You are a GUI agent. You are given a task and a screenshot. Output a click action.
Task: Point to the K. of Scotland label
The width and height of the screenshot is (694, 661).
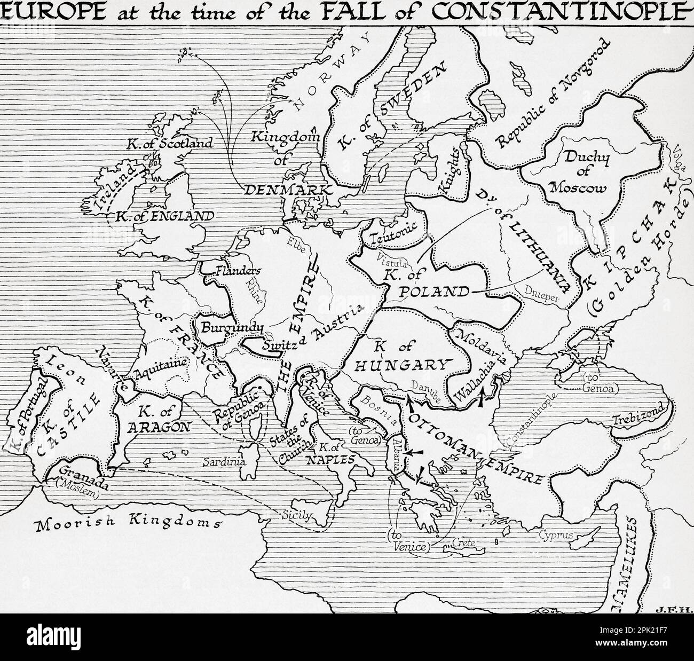click(169, 143)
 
